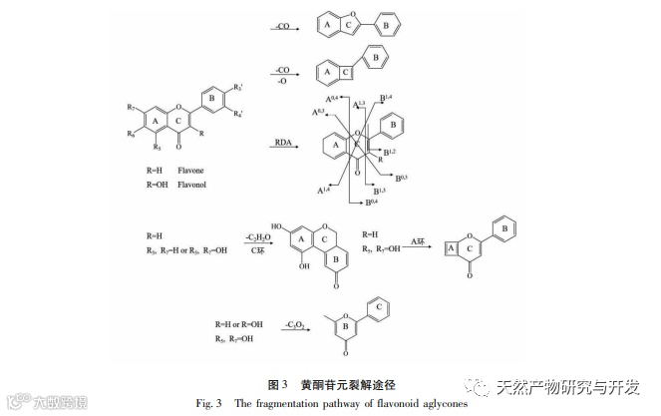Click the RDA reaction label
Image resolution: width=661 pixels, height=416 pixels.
(284, 145)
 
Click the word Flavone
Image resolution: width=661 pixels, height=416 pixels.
(190, 172)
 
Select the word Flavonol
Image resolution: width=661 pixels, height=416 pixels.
(191, 185)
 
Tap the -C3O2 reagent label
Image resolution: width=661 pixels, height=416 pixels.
(293, 325)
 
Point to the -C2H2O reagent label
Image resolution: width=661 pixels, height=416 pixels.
(260, 237)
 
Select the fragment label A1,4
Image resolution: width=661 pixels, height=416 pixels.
(325, 189)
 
